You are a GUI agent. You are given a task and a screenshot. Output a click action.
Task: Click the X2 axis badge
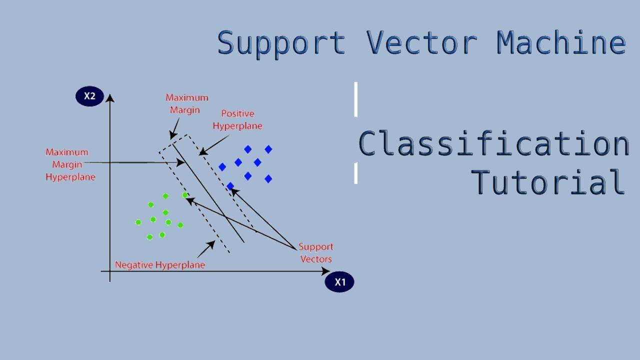coord(89,96)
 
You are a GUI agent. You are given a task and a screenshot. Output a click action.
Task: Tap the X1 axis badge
coord(339,282)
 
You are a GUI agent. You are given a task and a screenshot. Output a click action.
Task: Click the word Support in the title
coord(281,43)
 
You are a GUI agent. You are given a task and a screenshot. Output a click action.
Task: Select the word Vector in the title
coord(421,43)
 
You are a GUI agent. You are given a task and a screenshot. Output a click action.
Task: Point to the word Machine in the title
coord(561,43)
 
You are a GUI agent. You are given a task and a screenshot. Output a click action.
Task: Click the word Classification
coord(494,144)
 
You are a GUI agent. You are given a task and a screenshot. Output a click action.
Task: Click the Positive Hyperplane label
coord(237,120)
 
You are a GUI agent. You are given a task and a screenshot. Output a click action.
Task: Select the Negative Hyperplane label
coord(160,265)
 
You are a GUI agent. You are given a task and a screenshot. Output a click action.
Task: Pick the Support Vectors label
coord(315,253)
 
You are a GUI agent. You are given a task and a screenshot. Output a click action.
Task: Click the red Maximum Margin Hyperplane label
coord(70,164)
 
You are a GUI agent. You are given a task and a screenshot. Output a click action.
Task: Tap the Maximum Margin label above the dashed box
coord(186,103)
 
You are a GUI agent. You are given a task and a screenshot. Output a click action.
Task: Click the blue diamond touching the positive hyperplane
coord(230,186)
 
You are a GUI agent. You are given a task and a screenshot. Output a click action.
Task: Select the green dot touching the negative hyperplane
coord(185,195)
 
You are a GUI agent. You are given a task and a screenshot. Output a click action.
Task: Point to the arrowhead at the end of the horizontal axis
coord(325,271)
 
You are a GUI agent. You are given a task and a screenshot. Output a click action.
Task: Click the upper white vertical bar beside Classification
coord(356,99)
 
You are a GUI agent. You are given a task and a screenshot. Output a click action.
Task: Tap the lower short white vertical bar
coord(356,173)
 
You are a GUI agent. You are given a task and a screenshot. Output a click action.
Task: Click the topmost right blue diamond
coord(268,149)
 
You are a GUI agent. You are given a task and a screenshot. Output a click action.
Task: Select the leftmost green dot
coord(138,222)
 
